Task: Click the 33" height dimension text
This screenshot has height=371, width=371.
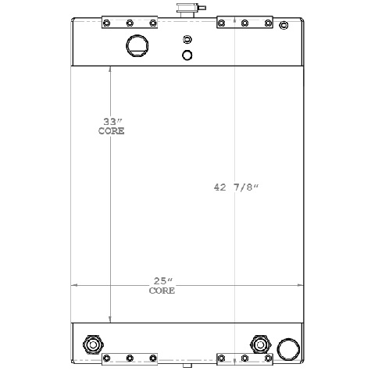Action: [x=114, y=121]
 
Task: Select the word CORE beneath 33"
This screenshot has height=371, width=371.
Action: [x=111, y=130]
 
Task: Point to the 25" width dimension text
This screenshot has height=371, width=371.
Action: [x=162, y=280]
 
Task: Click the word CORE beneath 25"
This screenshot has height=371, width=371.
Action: [x=162, y=291]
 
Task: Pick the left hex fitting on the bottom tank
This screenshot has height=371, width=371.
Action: [x=92, y=344]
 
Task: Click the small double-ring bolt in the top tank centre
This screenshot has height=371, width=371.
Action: [x=186, y=40]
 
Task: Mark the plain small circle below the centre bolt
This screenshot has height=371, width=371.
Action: [x=187, y=55]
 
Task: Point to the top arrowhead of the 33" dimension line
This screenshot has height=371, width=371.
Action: [x=111, y=70]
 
